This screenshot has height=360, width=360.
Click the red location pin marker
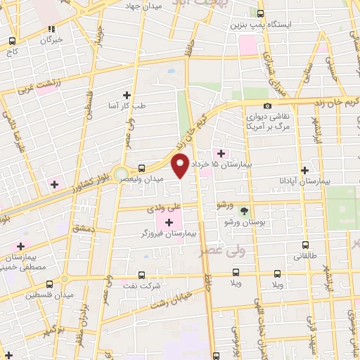(x=181, y=167)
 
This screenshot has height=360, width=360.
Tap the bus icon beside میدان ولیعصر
(x=143, y=168)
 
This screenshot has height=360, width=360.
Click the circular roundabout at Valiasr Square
(x=122, y=173)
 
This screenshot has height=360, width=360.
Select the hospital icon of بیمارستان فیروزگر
(x=169, y=223)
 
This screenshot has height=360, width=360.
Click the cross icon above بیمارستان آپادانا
(x=304, y=170)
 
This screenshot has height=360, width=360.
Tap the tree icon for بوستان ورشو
(x=244, y=211)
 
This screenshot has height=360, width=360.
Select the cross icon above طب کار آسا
(x=127, y=95)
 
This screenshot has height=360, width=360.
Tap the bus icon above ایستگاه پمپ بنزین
(x=261, y=13)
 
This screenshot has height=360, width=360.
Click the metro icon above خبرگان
(x=51, y=29)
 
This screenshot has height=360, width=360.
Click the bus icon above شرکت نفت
(x=143, y=275)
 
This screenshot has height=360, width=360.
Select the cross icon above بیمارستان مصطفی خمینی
(x=21, y=246)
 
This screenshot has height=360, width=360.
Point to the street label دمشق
(x=82, y=229)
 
